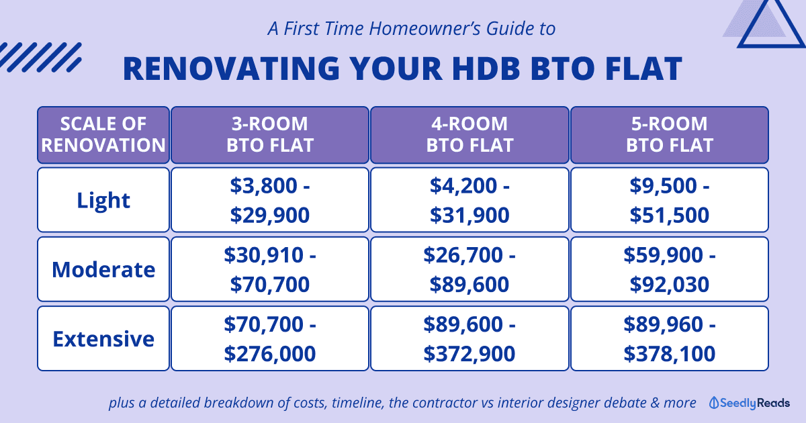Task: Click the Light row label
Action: click(103, 200)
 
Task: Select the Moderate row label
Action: click(103, 269)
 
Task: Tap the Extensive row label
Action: click(103, 339)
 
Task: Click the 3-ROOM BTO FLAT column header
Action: click(270, 134)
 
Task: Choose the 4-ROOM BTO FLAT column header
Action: click(469, 134)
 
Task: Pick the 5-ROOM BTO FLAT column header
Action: click(670, 134)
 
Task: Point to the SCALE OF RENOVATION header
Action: click(103, 134)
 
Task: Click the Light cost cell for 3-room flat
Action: click(270, 200)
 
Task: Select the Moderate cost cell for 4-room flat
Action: click(469, 269)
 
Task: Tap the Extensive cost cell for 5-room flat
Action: click(670, 339)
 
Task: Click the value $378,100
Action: click(669, 354)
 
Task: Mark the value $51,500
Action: click(669, 215)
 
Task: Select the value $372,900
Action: click(469, 354)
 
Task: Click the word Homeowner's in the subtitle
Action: click(424, 28)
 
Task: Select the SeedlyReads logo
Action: click(749, 403)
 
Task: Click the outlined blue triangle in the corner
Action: click(771, 22)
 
